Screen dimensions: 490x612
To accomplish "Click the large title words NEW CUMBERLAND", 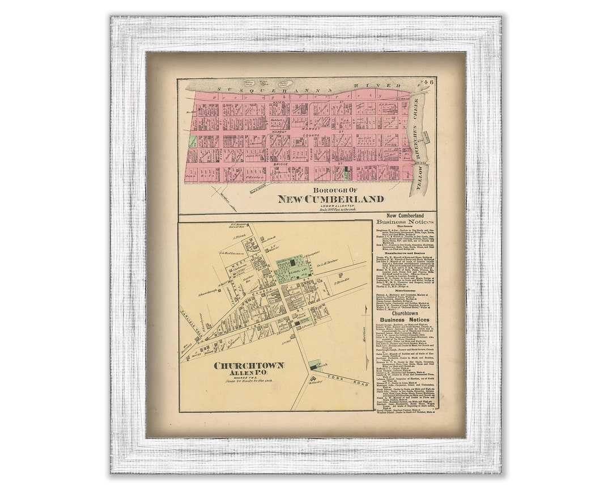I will (330, 199).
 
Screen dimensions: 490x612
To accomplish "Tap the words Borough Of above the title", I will (331, 190).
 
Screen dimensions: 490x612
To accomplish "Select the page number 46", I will (429, 82).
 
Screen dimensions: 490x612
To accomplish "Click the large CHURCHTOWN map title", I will (249, 365).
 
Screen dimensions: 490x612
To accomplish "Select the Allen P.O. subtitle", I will (249, 373).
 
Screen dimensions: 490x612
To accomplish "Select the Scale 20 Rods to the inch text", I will (249, 381).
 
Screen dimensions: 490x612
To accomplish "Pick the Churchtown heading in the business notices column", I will (405, 312).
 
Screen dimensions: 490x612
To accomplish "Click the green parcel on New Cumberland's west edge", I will (192, 141).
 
